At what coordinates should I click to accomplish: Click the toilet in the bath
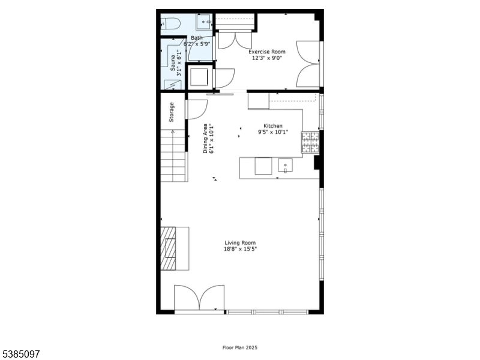pos(172,24)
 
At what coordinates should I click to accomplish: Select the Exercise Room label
pos(267,52)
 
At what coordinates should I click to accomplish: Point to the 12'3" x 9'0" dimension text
pos(267,59)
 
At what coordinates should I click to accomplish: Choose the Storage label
pos(172,113)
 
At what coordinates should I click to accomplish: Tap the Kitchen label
pos(273,126)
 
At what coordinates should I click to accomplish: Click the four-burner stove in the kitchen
pos(310,143)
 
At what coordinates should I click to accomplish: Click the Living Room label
pos(240,243)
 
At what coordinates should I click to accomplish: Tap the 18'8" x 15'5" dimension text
pos(240,250)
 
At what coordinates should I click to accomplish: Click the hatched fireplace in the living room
pos(167,248)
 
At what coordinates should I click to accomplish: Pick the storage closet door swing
pos(196,109)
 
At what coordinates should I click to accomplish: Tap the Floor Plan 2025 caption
pos(239,347)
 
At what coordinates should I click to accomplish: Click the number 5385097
pos(21,354)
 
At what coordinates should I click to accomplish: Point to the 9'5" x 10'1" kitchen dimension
pos(273,132)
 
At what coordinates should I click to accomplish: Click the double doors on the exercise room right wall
pos(310,64)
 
